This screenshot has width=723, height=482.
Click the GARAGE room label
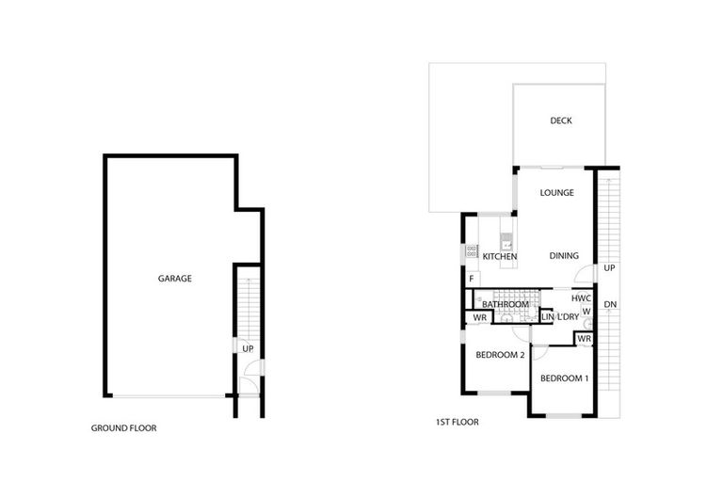click(175, 279)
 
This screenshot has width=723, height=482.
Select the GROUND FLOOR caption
click(123, 427)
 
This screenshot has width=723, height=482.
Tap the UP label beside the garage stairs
click(248, 348)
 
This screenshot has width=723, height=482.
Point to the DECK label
click(561, 120)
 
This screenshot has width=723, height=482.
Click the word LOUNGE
click(556, 193)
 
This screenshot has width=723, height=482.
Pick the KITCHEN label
click(500, 256)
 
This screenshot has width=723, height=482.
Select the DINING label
click(564, 256)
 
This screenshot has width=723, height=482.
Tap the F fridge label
click(471, 280)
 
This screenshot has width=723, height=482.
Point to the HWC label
click(581, 298)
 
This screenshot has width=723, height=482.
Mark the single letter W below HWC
click(586, 311)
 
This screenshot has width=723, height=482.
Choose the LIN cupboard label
click(548, 317)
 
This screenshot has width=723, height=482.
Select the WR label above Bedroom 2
click(479, 317)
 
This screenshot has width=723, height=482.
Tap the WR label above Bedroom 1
click(583, 338)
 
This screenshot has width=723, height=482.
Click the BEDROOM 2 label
click(500, 355)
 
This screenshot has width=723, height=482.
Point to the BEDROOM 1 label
click(564, 378)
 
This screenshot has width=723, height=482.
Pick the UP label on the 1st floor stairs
click(609, 268)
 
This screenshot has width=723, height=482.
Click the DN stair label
click(610, 304)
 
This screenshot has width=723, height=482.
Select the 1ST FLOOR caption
click(457, 423)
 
